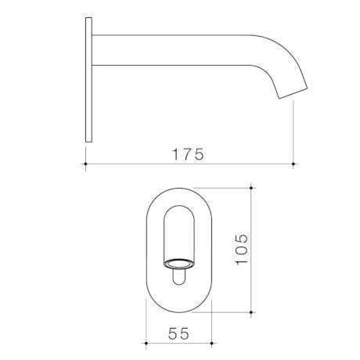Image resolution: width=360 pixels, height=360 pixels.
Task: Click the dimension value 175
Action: click(189, 153)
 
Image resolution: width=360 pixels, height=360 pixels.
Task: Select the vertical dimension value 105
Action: click(241, 249)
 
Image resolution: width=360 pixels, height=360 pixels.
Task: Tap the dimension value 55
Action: click(180, 333)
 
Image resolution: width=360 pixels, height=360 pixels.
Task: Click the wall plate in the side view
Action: click(88, 82)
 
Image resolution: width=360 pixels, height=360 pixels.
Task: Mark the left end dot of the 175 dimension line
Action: click(85, 165)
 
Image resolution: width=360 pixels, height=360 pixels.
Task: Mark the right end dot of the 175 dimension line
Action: click(293, 165)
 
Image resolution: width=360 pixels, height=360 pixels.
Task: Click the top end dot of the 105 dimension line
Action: click(251, 188)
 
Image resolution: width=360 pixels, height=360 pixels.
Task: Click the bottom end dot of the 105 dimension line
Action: click(251, 312)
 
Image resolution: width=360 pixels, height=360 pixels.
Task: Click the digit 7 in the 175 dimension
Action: click(189, 153)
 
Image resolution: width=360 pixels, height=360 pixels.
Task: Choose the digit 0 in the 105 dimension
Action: click(241, 249)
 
